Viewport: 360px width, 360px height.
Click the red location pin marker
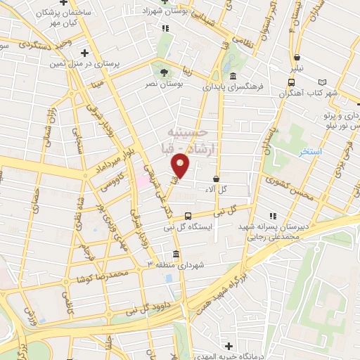[181, 166]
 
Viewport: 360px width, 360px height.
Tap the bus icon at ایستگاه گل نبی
[188, 217]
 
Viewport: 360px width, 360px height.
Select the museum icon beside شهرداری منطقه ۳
[175, 255]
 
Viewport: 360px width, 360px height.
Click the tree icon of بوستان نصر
[164, 72]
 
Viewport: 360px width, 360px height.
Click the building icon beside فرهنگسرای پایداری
[233, 77]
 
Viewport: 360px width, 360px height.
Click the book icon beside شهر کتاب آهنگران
[323, 82]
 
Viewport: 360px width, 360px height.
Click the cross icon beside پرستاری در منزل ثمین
[84, 53]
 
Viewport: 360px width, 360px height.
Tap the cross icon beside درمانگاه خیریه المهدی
[229, 345]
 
